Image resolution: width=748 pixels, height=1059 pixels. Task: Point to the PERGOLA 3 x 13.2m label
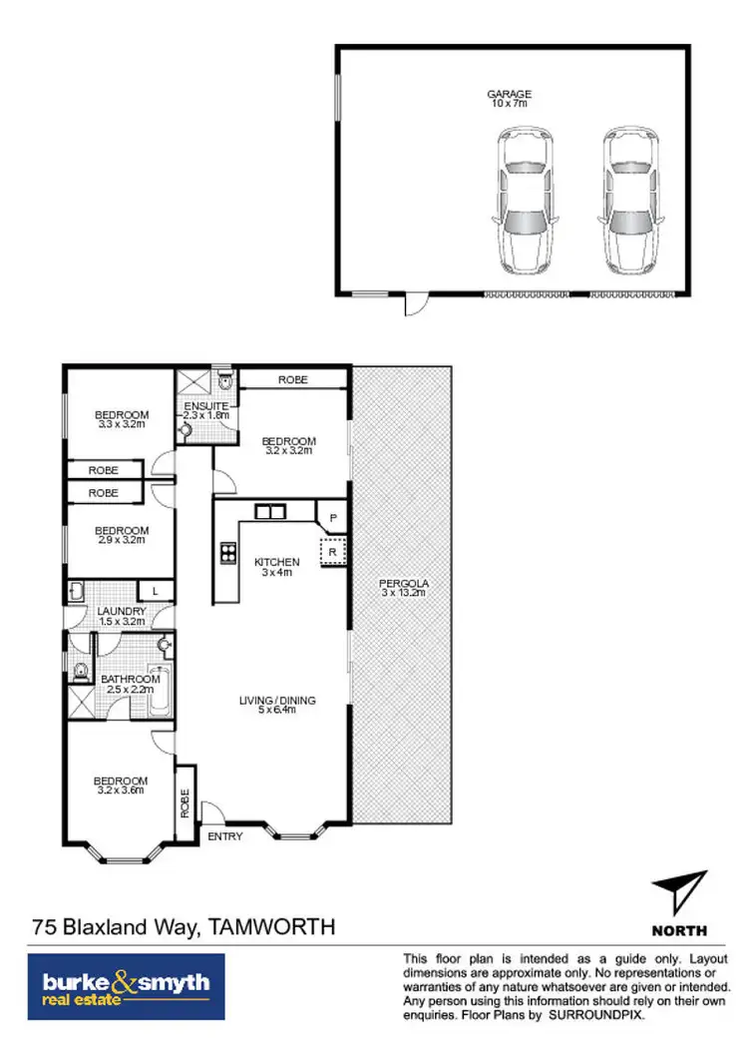[402, 588]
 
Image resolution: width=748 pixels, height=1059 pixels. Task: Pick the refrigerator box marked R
[333, 550]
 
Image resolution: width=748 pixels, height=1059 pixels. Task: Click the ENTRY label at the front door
[225, 836]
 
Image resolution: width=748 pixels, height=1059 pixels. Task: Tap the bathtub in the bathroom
[161, 689]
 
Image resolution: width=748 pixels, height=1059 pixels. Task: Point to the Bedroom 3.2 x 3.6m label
[121, 786]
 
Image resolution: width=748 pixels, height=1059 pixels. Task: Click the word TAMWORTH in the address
[270, 927]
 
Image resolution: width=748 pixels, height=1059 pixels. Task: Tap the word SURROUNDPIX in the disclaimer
[599, 1014]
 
